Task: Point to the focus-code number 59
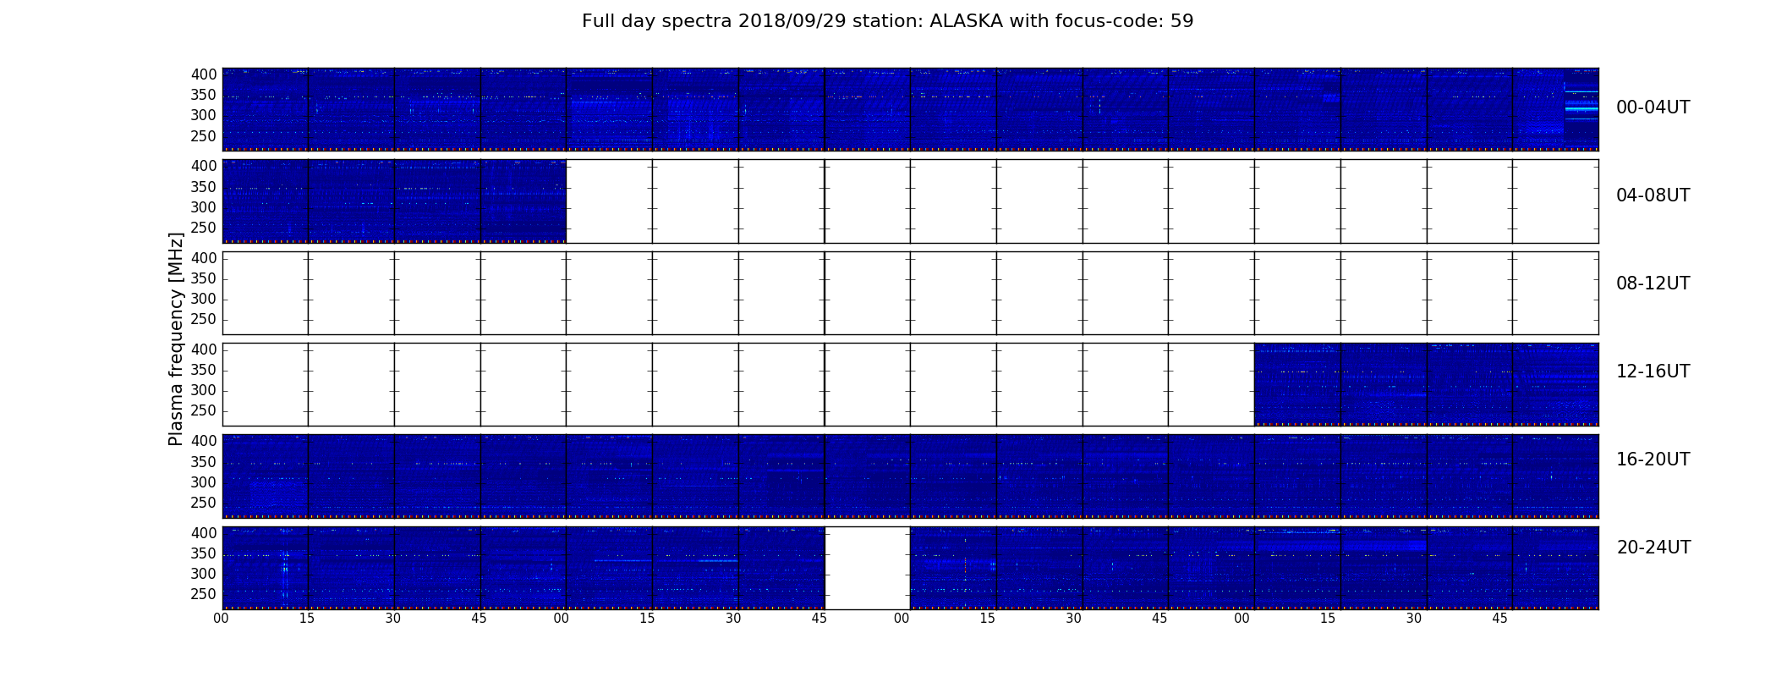1182,21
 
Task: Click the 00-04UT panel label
1653,107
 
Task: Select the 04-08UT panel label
1653,195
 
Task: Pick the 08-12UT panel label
1653,283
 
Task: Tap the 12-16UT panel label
1653,372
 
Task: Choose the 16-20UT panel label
1653,460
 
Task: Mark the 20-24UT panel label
1653,548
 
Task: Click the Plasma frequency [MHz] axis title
176,338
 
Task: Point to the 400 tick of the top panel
204,74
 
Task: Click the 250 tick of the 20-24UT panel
204,594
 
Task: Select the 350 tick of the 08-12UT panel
204,278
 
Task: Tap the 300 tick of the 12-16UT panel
204,390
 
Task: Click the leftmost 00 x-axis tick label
221,619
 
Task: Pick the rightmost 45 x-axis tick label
1499,619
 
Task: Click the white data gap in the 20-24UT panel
867,568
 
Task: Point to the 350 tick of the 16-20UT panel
204,462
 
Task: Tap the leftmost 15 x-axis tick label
307,619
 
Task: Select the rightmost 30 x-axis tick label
1414,619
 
